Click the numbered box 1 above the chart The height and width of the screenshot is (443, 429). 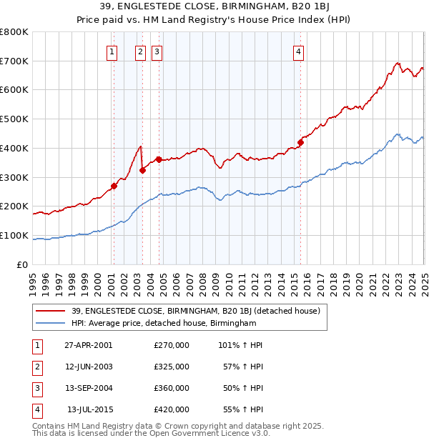(x=113, y=51)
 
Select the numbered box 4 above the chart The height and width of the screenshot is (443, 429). (x=298, y=51)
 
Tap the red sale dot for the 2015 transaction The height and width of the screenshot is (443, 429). (x=301, y=142)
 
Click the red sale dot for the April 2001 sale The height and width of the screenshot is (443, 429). (x=114, y=186)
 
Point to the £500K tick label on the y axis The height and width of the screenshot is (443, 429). (x=14, y=119)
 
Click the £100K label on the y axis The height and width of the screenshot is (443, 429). (x=14, y=236)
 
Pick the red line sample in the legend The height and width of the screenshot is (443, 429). (x=51, y=311)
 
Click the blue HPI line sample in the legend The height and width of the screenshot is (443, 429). (x=51, y=323)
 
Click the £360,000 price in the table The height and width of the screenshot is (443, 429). (x=172, y=388)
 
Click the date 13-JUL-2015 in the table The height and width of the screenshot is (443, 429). (x=89, y=409)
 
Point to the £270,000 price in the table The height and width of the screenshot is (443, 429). (x=172, y=345)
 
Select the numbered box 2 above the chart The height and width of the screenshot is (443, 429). (x=139, y=51)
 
